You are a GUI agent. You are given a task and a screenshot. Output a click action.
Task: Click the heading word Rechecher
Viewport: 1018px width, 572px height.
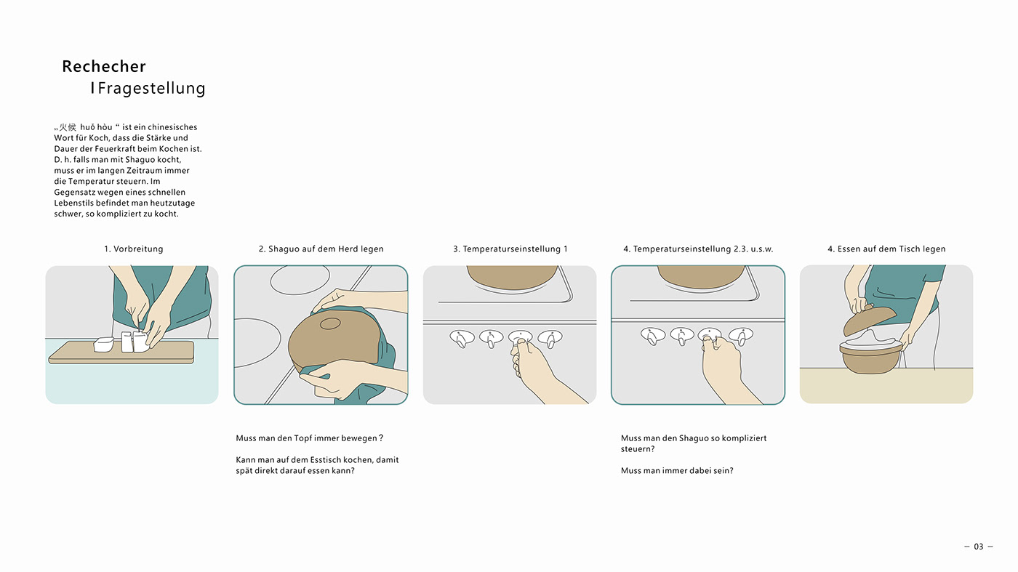pyautogui.click(x=104, y=66)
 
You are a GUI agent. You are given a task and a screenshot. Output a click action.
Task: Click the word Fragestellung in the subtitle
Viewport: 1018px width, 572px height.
pyautogui.click(x=152, y=88)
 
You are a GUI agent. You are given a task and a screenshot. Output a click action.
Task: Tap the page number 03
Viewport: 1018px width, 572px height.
pyautogui.click(x=979, y=547)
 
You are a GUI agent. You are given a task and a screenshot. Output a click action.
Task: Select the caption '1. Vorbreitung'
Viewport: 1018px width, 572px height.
pyautogui.click(x=134, y=249)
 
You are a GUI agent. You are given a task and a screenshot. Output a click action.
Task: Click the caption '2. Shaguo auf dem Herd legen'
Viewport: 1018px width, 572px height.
pyautogui.click(x=321, y=249)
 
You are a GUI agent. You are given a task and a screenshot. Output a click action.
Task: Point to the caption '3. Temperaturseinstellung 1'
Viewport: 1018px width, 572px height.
pyautogui.click(x=510, y=249)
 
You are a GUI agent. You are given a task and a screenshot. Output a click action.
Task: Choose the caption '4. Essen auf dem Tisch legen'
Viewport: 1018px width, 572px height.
pyautogui.click(x=886, y=249)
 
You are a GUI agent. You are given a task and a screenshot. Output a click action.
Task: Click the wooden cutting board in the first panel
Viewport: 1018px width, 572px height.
pyautogui.click(x=122, y=353)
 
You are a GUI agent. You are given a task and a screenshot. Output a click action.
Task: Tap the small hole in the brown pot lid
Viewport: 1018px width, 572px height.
pyautogui.click(x=330, y=324)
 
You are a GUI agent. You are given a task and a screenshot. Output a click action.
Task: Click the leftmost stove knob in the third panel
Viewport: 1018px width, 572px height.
pyautogui.click(x=462, y=338)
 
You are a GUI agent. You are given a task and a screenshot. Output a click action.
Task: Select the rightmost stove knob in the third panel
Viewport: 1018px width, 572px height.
pyautogui.click(x=550, y=338)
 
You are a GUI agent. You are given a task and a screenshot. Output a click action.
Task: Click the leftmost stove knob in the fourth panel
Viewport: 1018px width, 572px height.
pyautogui.click(x=653, y=337)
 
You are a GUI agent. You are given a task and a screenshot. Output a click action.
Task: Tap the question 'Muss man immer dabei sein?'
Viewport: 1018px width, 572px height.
pyautogui.click(x=677, y=471)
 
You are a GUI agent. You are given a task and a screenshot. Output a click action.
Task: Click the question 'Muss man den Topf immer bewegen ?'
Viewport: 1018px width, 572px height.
pyautogui.click(x=310, y=438)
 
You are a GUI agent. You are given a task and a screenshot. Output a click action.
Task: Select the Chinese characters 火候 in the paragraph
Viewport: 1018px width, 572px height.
pyautogui.click(x=68, y=127)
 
